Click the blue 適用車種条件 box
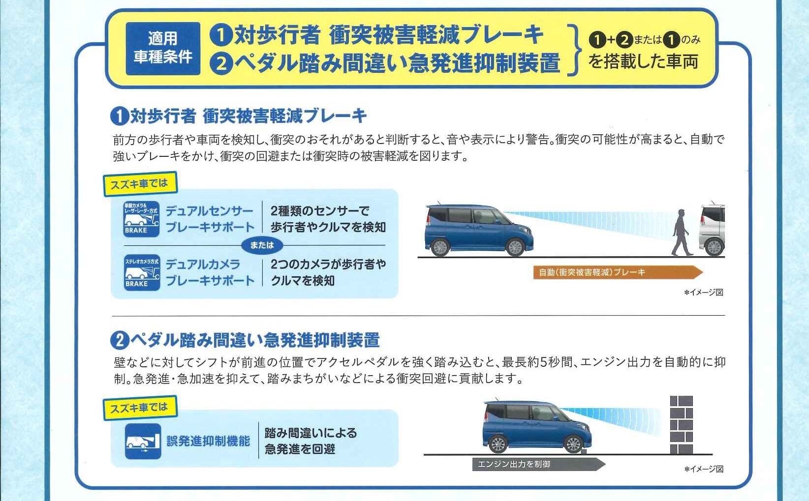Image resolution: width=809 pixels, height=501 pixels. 163,48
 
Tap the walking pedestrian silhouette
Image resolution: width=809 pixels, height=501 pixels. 681,233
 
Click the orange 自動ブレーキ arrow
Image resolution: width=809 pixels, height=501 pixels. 618,272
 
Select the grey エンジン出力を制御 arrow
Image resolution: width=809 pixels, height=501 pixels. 538,464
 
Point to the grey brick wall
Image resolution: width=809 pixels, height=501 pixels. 681,425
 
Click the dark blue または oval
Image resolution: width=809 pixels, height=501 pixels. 262,245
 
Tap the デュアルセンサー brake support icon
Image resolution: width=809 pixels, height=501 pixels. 141,219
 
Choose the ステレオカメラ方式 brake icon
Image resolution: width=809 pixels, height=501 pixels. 142,272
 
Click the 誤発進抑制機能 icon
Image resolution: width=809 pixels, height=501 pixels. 143,441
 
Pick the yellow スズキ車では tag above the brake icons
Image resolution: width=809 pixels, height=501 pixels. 140,184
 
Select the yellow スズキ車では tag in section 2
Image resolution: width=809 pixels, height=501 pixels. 140,408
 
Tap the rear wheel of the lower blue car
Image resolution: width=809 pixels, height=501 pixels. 498,443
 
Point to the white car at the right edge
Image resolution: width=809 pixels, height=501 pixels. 712,230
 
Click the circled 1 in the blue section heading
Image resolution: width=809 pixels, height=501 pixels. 120,116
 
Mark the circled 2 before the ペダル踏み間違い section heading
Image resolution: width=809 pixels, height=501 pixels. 120,340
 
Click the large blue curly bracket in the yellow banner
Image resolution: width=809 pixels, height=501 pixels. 574,50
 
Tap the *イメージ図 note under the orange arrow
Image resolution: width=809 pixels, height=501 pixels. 704,293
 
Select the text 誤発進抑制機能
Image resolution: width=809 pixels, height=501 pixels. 208,441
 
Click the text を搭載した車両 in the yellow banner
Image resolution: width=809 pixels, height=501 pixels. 643,61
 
